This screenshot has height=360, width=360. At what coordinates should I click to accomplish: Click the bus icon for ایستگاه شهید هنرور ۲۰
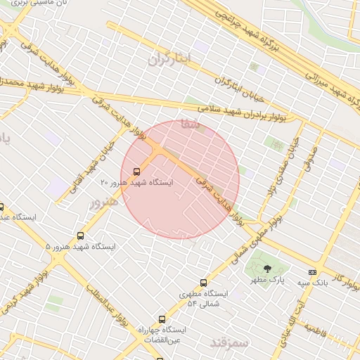tap(136, 171)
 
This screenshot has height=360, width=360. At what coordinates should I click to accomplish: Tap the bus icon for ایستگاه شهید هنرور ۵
tap(80, 236)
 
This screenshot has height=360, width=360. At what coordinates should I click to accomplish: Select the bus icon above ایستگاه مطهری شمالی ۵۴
tap(204, 283)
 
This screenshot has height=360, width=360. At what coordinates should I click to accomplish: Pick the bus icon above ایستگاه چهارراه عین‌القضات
tap(162, 319)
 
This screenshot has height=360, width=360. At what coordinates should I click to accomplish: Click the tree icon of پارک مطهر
tap(266, 269)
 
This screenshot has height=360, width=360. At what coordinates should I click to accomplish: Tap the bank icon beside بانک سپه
tap(312, 273)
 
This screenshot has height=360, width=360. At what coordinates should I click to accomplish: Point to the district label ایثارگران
tap(169, 59)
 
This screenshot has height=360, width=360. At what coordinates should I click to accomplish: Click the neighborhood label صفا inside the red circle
tap(190, 124)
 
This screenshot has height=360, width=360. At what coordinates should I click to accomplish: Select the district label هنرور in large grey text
tap(105, 202)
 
